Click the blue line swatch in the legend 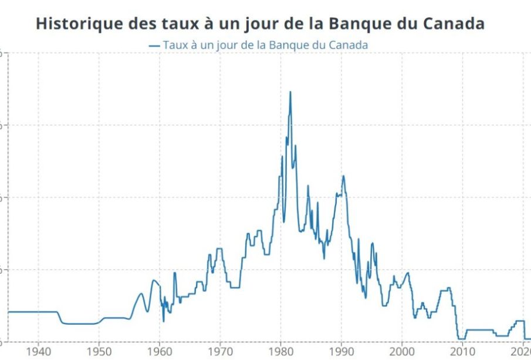[155, 45]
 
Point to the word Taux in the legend [174, 45]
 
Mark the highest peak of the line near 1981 [290, 92]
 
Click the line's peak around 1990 [343, 176]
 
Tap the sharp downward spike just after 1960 [164, 321]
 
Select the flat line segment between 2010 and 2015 [478, 330]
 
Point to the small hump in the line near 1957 [141, 294]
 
